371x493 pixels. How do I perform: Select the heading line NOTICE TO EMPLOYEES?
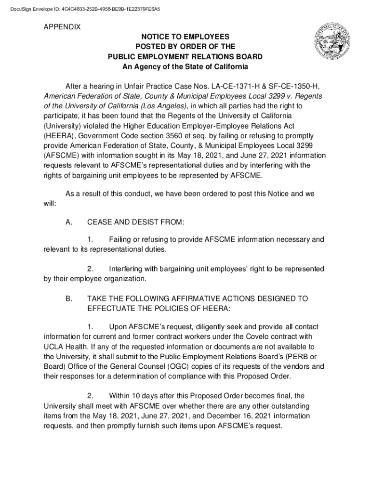click(185, 37)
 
